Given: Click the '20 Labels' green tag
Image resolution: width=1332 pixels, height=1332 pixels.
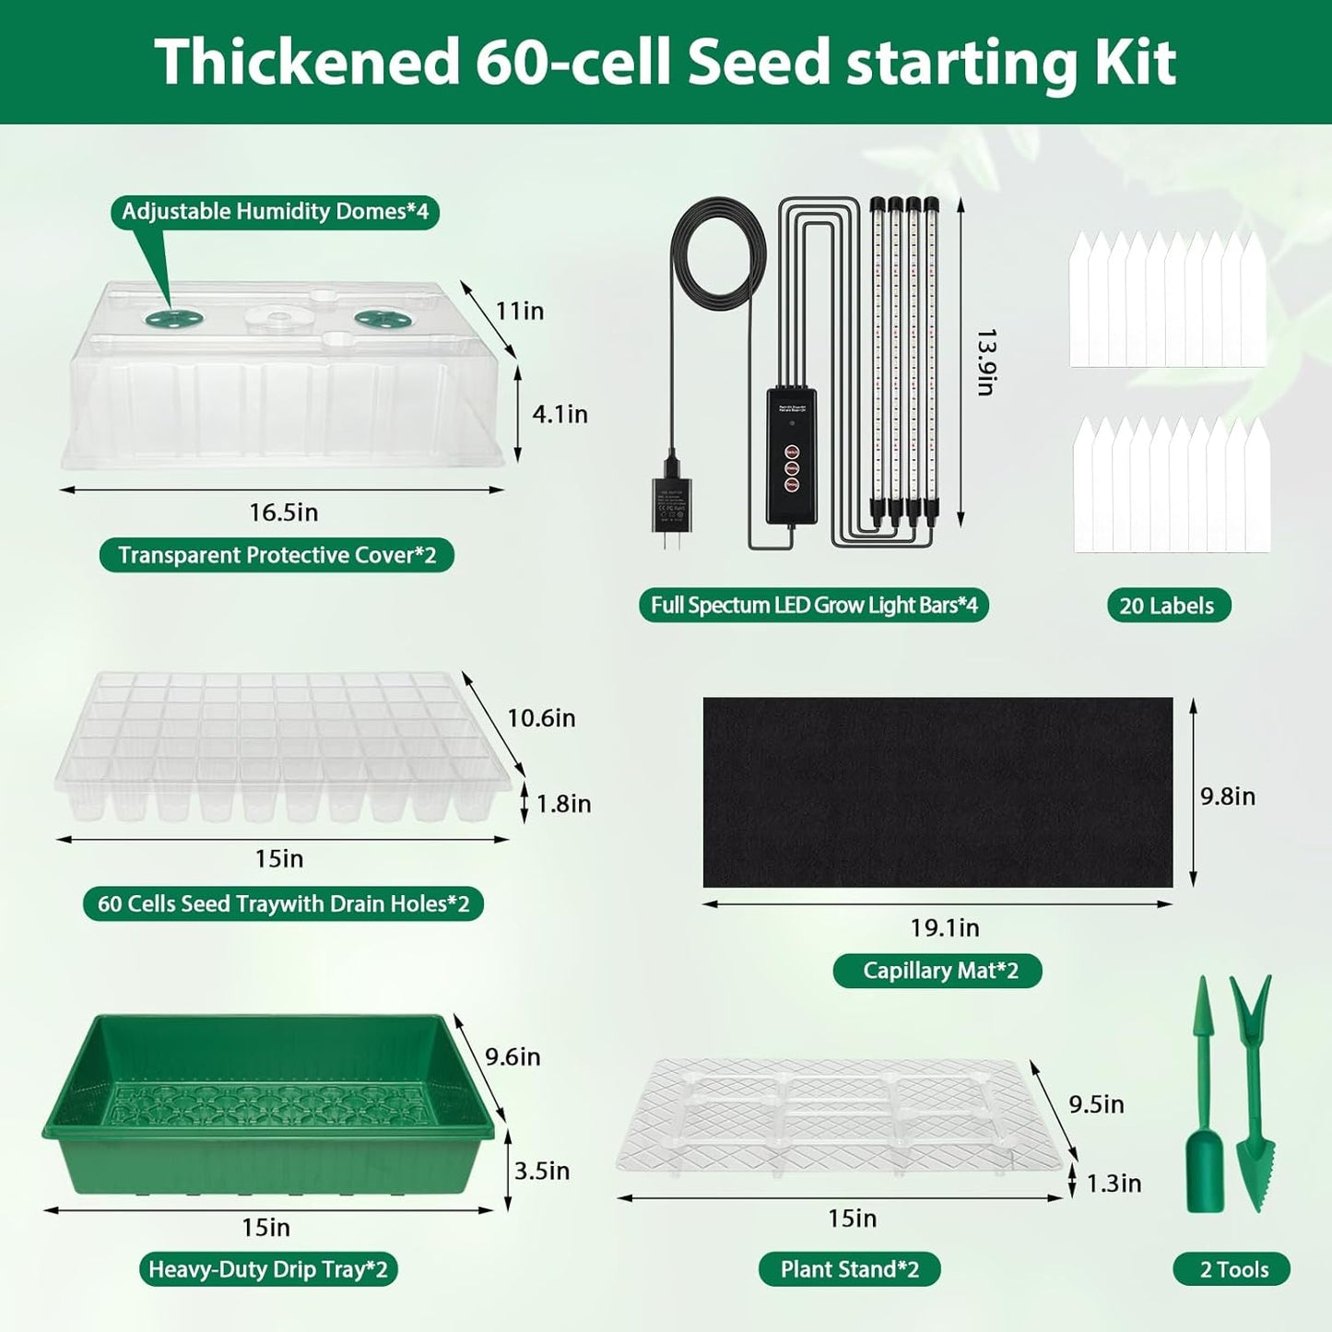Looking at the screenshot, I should [1168, 606].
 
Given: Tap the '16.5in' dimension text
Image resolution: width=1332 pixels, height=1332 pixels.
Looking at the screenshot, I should [283, 513].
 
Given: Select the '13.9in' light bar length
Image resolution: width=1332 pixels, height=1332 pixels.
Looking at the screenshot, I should [985, 361].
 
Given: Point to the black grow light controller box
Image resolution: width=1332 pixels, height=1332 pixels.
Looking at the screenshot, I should [793, 456].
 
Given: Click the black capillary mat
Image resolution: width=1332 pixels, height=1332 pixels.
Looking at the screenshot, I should [937, 793].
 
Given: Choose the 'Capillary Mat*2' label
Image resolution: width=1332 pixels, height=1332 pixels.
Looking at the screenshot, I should [937, 971].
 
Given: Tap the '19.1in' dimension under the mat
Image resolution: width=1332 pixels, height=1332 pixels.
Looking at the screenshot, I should [945, 928].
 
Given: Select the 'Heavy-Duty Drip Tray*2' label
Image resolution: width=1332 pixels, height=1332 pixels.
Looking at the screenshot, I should [267, 1269].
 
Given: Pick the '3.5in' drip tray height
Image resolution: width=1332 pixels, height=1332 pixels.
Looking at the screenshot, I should [541, 1172].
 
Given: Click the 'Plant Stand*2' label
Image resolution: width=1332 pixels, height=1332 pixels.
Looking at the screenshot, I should [849, 1269].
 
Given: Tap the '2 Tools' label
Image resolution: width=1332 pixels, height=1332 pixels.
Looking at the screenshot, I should [1233, 1269].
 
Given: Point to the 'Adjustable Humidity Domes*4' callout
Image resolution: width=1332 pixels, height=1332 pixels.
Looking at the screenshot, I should [275, 212].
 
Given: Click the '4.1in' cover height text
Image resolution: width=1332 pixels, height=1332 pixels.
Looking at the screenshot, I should [560, 415].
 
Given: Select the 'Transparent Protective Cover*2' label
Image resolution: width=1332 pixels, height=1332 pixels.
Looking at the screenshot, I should [277, 555].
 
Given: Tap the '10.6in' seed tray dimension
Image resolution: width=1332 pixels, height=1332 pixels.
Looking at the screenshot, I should [541, 718].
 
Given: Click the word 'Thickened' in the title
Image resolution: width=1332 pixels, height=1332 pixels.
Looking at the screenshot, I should [306, 62].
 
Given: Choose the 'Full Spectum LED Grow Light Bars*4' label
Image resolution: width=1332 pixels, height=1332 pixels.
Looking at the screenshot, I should [813, 606].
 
